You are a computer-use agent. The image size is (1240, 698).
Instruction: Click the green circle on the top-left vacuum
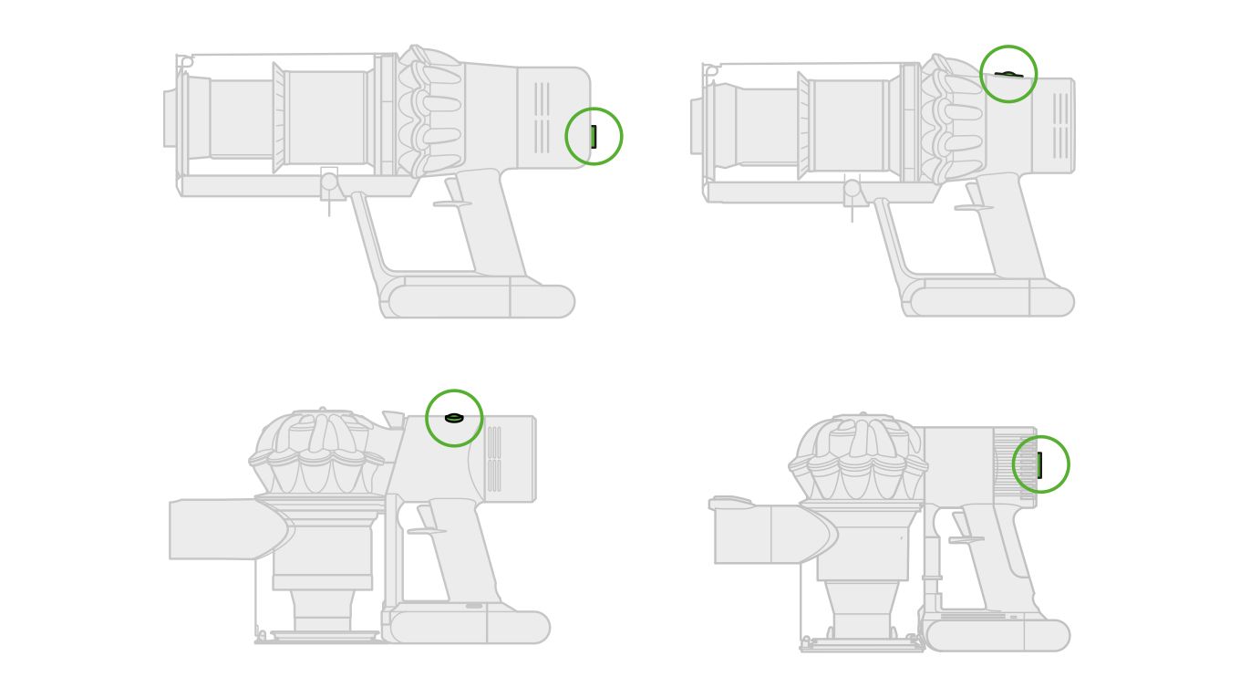[x=594, y=136]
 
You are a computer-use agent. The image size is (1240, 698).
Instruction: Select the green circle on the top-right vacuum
[x=1007, y=74]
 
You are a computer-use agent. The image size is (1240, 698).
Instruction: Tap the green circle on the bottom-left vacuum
[x=454, y=418]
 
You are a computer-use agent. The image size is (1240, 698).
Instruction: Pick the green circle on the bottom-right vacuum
[x=1040, y=464]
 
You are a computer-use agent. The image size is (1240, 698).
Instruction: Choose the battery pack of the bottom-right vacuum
[x=997, y=635]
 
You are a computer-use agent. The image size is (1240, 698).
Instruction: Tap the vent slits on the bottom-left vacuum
[x=493, y=459]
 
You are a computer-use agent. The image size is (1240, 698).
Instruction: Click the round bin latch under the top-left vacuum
[x=329, y=182]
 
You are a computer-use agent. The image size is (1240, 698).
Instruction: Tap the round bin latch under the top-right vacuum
[x=852, y=188]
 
